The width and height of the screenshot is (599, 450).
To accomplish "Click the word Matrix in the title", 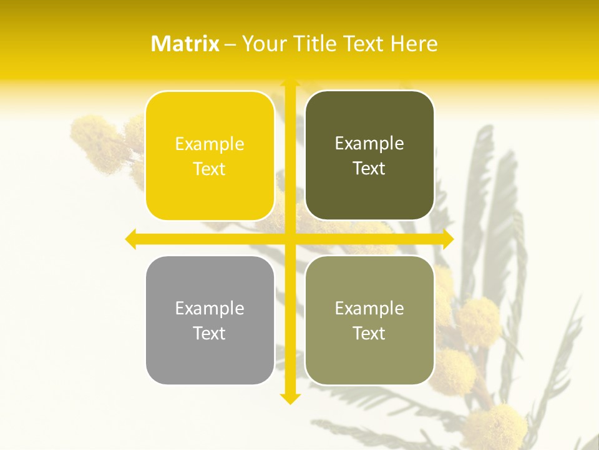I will pyautogui.click(x=185, y=44).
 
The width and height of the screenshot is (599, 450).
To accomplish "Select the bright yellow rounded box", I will pyautogui.click(x=210, y=156).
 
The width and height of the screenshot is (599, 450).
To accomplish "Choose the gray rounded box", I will pyautogui.click(x=210, y=320).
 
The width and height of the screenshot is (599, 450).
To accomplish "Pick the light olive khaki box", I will pyautogui.click(x=369, y=320).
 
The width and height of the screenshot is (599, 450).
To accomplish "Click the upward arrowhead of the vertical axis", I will pyautogui.click(x=290, y=82).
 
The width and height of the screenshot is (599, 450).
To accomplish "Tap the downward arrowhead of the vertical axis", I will pyautogui.click(x=290, y=399).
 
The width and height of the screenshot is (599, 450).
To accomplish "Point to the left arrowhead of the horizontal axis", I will pyautogui.click(x=130, y=239).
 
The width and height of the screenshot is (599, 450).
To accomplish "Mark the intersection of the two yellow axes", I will pyautogui.click(x=290, y=239).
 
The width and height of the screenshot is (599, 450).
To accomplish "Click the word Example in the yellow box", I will pyautogui.click(x=210, y=144).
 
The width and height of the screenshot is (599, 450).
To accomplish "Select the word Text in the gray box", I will pyautogui.click(x=210, y=333).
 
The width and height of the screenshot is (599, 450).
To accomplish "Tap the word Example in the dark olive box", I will pyautogui.click(x=369, y=144).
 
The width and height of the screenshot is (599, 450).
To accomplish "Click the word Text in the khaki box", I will pyautogui.click(x=369, y=333).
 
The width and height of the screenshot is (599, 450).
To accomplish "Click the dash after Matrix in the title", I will pyautogui.click(x=230, y=44).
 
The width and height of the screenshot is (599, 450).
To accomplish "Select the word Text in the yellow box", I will pyautogui.click(x=210, y=169).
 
